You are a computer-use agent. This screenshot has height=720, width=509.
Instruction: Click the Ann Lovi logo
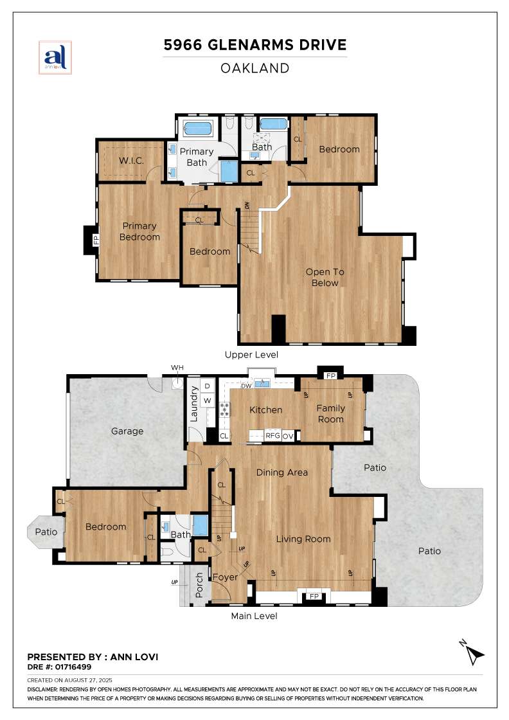55,57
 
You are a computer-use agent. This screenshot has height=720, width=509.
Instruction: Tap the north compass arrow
473,652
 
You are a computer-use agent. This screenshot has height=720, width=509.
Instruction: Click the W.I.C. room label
131,161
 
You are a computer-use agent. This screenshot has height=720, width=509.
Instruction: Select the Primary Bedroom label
139,231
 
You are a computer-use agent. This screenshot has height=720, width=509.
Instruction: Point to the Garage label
127,431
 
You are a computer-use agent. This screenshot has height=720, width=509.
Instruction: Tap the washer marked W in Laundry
208,401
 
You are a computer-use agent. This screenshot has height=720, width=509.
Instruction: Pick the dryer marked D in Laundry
208,386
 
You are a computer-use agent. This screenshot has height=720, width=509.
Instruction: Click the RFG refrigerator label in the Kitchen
272,435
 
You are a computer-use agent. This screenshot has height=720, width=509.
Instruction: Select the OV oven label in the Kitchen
288,437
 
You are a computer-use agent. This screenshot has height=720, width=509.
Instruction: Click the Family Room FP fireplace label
330,375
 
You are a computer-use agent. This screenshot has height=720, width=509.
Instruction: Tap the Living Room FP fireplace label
314,596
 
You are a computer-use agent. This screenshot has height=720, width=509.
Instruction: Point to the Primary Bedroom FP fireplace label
96,240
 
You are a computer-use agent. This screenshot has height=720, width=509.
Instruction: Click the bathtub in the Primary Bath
199,128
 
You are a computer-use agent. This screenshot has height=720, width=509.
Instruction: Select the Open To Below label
325,277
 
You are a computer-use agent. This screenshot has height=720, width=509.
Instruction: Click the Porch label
199,585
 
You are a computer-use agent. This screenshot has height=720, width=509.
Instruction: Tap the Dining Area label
281,473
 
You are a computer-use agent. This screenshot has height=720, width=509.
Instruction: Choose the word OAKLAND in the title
254,68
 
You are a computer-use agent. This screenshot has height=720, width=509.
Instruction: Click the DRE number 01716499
73,667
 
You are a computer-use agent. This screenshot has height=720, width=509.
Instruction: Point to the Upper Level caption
251,354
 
